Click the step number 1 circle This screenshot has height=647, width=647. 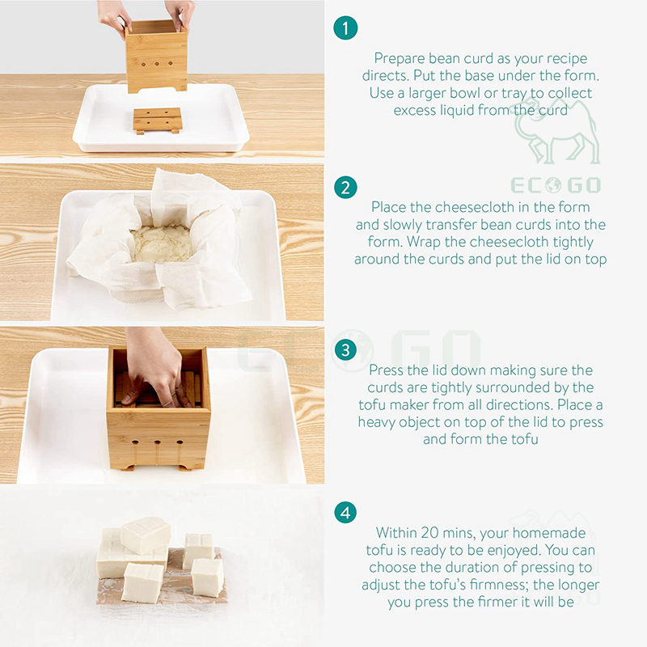(345, 28)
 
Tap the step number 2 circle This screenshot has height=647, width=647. (345, 188)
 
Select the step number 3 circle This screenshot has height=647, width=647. (345, 350)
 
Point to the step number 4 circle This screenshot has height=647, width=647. (345, 513)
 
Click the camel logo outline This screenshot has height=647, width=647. (557, 131)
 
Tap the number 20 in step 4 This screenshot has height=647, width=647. (429, 532)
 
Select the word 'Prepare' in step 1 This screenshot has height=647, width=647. (400, 58)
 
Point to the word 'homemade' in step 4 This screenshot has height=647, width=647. (549, 532)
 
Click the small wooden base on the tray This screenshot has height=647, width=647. (158, 120)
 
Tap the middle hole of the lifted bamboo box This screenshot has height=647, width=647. (157, 64)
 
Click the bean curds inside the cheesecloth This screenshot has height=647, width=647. (163, 243)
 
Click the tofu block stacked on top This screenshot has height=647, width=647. (146, 535)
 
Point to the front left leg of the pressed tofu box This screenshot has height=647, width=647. (128, 467)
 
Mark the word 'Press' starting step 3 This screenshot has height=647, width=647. (386, 370)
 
